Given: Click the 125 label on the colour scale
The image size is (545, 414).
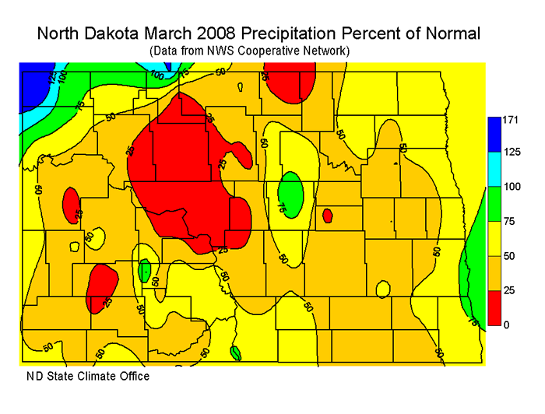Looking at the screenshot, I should point(512,152).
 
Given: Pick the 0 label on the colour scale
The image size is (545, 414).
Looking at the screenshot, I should point(506,325).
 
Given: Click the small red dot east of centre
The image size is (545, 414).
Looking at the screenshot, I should point(327,214).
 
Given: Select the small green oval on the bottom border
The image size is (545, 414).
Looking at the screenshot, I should point(235,353).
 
